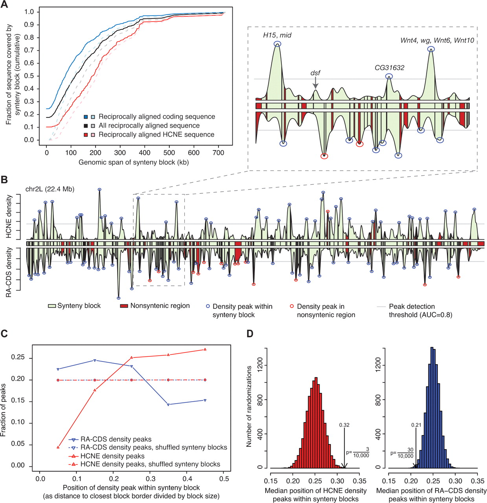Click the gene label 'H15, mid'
pyautogui.click(x=277, y=35)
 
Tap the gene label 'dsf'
pyautogui.click(x=315, y=73)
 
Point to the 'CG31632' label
pyautogui.click(x=389, y=68)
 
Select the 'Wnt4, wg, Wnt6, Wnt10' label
pyautogui.click(x=437, y=41)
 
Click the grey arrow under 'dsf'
pyautogui.click(x=315, y=83)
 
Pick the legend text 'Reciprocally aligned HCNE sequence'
pyautogui.click(x=156, y=135)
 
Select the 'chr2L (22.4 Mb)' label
pyautogui.click(x=50, y=189)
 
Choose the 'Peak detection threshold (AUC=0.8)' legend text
pyautogui.click(x=420, y=310)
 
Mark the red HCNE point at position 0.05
pyautogui.click(x=58, y=447)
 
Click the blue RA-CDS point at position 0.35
pyautogui.click(x=169, y=405)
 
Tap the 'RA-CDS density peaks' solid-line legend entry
pyautogui.click(x=116, y=439)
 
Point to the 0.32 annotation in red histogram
pyautogui.click(x=344, y=425)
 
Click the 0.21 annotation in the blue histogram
pyautogui.click(x=416, y=425)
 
